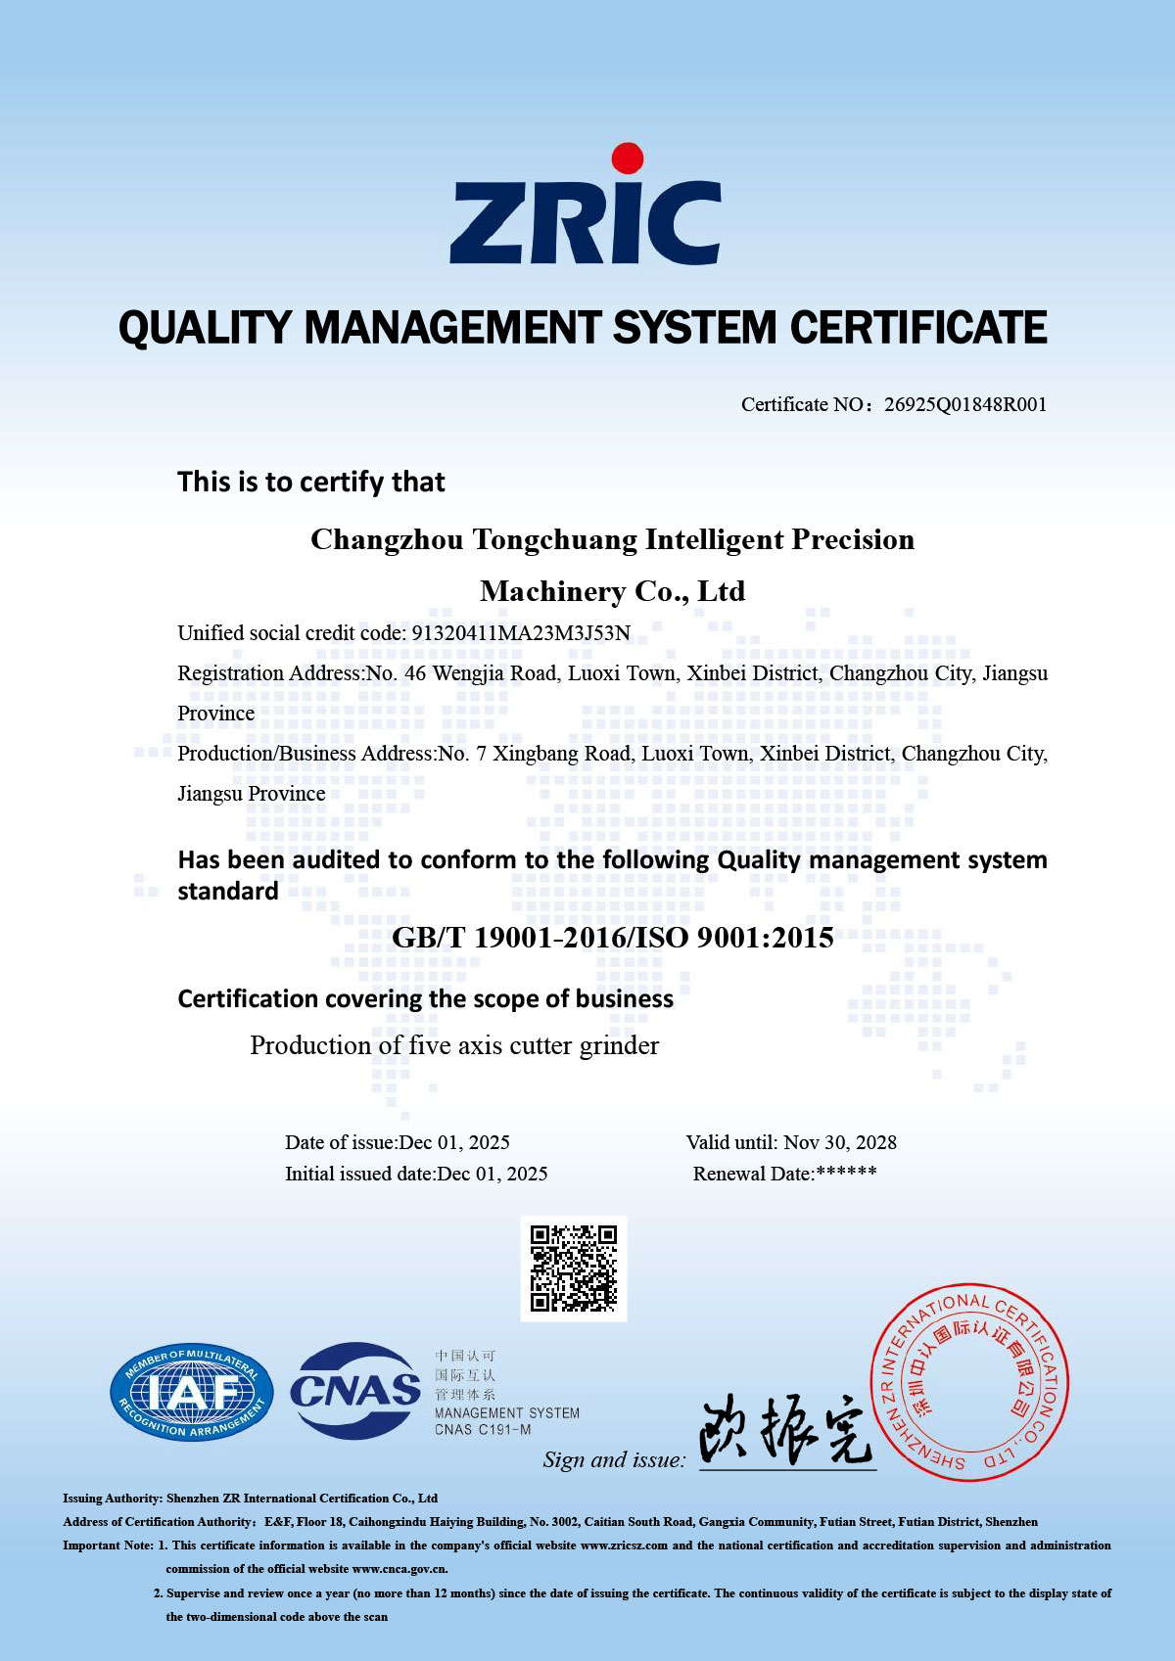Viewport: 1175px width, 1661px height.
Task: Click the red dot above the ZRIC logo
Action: [627, 159]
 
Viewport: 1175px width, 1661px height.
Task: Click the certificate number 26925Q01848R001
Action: [964, 404]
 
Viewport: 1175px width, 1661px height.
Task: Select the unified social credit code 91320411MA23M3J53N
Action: [521, 633]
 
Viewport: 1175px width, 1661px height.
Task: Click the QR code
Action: [573, 1268]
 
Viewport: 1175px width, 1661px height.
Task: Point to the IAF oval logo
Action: [191, 1392]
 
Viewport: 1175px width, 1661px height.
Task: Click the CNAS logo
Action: [355, 1390]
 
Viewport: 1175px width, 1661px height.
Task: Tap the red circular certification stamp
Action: [969, 1382]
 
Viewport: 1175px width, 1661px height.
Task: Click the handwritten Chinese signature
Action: [785, 1431]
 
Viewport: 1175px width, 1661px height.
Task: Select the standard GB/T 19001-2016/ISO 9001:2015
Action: [612, 938]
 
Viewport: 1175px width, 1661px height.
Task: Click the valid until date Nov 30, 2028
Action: [840, 1142]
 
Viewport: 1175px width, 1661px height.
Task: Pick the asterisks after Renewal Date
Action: [846, 1173]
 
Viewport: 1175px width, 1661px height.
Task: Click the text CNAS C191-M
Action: [483, 1430]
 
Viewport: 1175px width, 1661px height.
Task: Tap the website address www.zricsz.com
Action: [624, 1546]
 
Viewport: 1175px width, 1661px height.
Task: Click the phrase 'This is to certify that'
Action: [311, 482]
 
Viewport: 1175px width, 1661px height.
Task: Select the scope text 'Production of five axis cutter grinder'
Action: [454, 1045]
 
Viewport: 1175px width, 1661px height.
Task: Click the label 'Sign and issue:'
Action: [614, 1459]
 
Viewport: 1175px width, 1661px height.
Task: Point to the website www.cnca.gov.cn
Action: [399, 1569]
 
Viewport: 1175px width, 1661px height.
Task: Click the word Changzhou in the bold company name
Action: [387, 539]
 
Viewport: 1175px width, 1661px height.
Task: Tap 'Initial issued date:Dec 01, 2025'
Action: [416, 1174]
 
